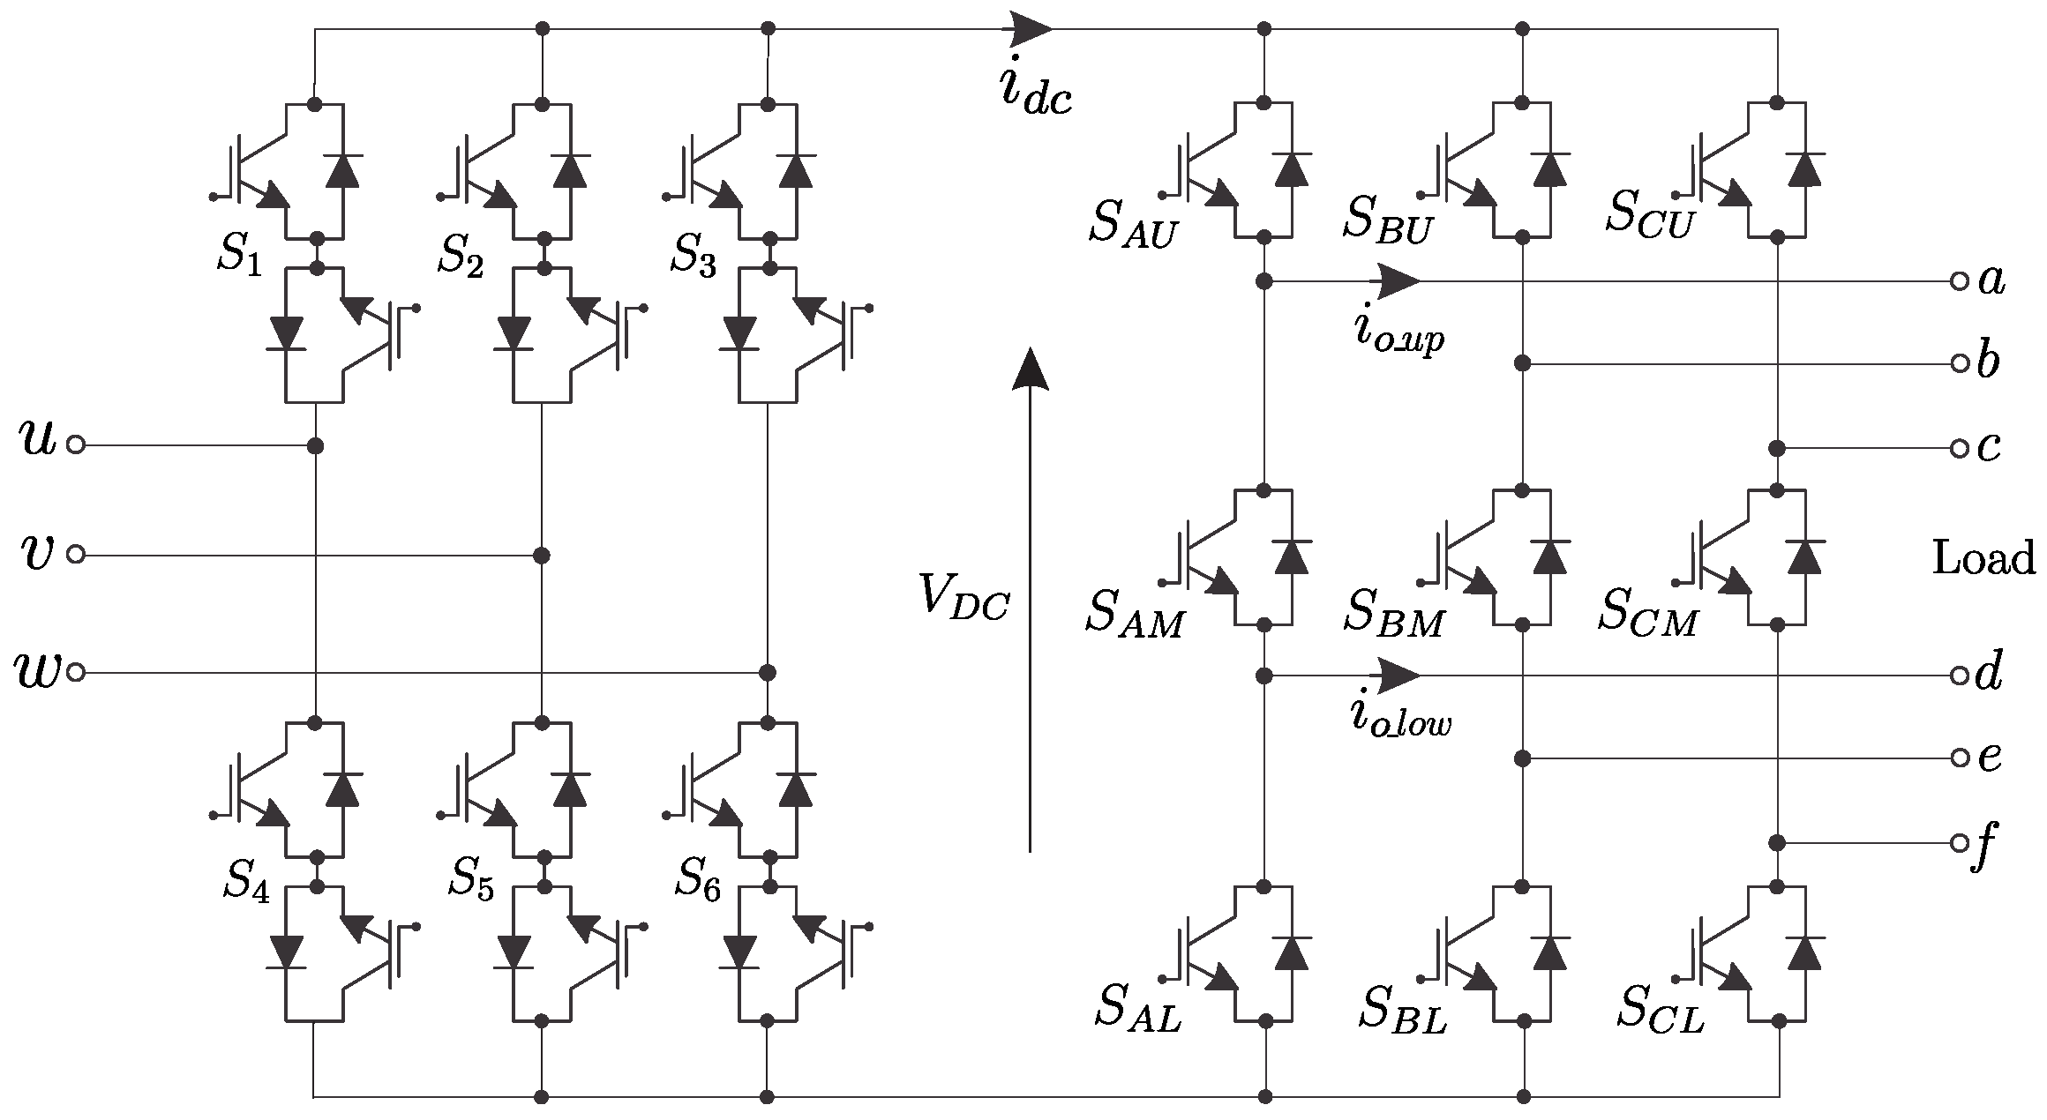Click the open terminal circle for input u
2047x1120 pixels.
[x=76, y=445]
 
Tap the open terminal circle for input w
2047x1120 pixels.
[x=76, y=673]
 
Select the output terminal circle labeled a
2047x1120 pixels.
[x=1960, y=282]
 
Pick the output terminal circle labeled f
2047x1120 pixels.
[x=1960, y=843]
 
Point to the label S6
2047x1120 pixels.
[x=698, y=878]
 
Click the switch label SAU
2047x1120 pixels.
[x=1133, y=224]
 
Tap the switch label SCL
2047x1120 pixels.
[x=1660, y=1009]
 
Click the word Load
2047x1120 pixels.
[x=1983, y=559]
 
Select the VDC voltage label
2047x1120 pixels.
[x=963, y=597]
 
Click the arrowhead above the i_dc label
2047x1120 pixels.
[x=1031, y=29]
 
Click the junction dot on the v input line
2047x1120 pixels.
[x=542, y=556]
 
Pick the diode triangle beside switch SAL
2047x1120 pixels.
[x=1292, y=953]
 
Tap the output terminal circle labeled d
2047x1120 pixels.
[x=1960, y=676]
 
